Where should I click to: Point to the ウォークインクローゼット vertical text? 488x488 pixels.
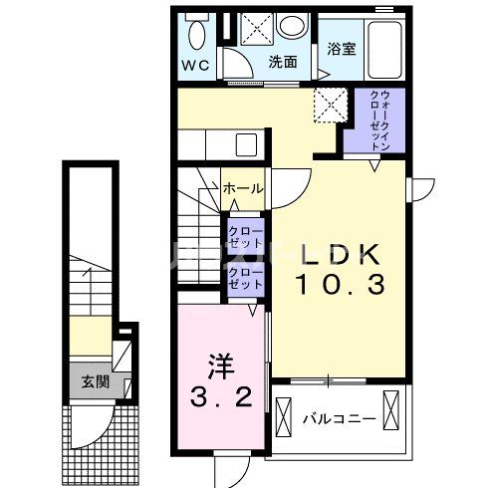(x=378, y=119)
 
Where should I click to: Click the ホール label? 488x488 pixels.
(x=243, y=188)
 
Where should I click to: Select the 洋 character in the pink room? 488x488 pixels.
(x=222, y=366)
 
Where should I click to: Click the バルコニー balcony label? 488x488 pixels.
(x=340, y=418)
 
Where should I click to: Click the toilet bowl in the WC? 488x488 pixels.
(x=195, y=32)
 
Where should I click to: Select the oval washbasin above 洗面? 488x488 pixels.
(x=292, y=26)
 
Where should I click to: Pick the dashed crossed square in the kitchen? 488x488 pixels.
(x=328, y=104)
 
